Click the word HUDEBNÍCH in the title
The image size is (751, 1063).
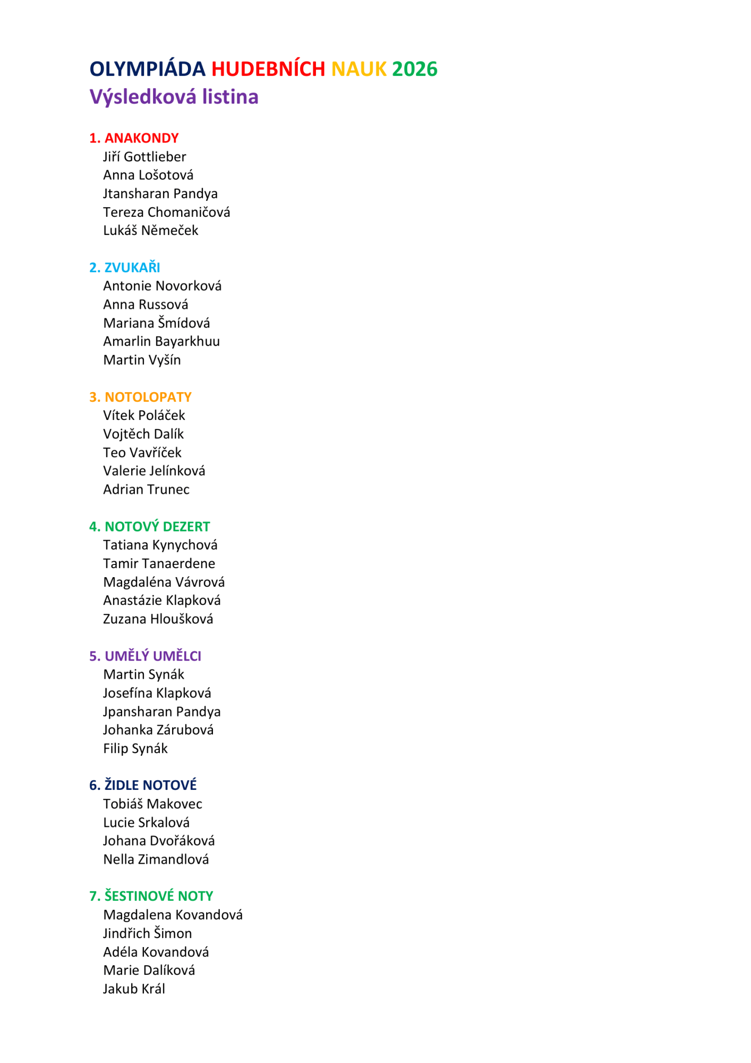click(x=268, y=69)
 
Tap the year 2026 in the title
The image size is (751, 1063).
click(x=414, y=69)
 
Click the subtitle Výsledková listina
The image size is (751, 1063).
click(x=174, y=97)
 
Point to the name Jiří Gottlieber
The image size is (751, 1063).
click(x=144, y=157)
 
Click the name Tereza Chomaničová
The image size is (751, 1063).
click(x=166, y=212)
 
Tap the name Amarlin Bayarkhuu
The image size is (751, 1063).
click(x=161, y=341)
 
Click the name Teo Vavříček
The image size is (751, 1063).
click(x=142, y=452)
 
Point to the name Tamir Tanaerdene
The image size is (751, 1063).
click(x=159, y=563)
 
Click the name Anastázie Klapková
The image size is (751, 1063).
click(x=161, y=600)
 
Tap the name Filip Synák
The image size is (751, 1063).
click(x=135, y=748)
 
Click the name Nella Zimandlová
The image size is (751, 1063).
click(x=156, y=859)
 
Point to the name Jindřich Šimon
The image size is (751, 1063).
click(x=147, y=933)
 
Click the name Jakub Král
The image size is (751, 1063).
click(x=134, y=989)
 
